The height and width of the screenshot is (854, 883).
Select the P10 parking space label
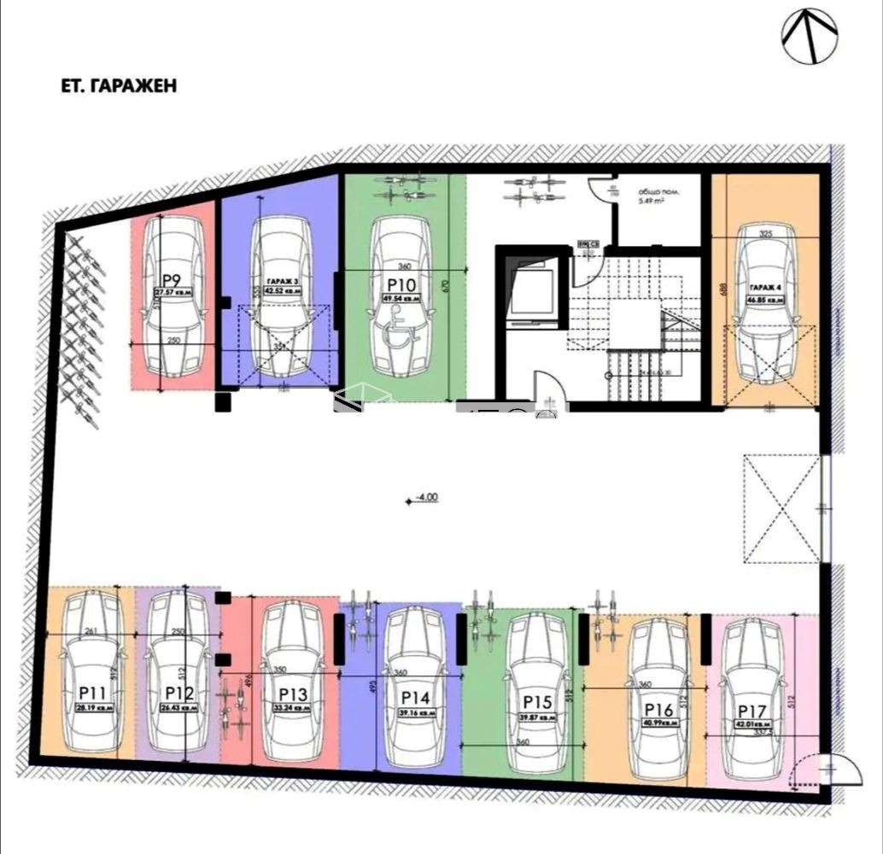[401, 285]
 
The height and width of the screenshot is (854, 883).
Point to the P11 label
[93, 692]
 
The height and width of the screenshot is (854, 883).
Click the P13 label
[293, 693]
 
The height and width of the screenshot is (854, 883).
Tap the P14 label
[415, 697]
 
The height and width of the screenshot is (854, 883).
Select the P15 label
[538, 702]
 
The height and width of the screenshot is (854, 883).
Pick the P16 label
[658, 709]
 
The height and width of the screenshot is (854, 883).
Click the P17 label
[753, 711]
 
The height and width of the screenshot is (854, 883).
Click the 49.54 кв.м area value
[401, 299]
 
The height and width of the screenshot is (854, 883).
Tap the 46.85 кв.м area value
[766, 301]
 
